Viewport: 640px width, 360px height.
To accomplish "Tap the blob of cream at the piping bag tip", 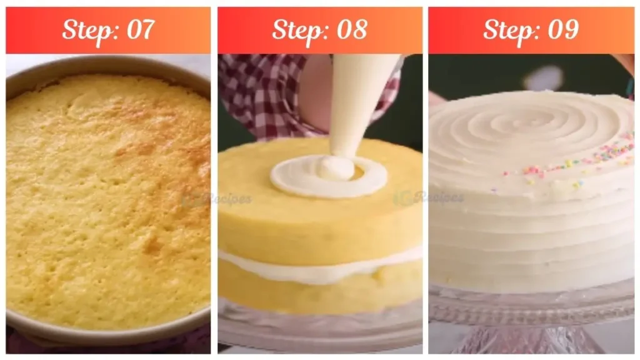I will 336,167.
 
